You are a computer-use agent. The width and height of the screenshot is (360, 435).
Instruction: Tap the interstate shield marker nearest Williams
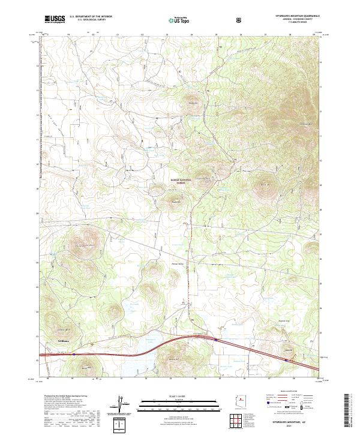(x=74, y=354)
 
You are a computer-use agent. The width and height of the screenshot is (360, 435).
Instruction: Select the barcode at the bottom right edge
(x=351, y=411)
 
